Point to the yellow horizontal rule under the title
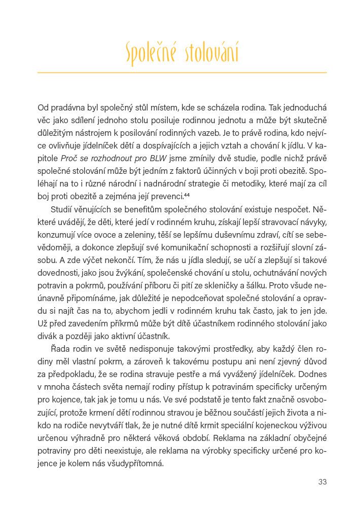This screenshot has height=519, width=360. pos(182,72)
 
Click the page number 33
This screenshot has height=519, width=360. pos(322,482)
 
